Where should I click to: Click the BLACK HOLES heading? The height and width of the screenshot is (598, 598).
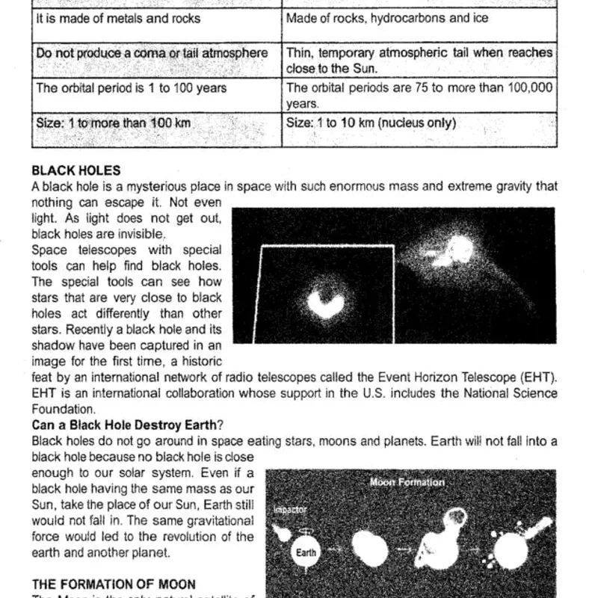75,171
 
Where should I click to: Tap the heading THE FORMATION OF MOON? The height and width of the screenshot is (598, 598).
114,584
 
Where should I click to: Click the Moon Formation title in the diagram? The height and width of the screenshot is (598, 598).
407,482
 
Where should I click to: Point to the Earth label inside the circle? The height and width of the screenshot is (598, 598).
306,553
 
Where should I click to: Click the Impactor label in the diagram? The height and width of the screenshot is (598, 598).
291,510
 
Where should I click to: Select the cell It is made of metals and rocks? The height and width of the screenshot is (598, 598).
118,17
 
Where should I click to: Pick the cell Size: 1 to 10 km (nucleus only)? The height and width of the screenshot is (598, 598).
371,123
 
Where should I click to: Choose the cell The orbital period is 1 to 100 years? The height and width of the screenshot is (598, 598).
132,88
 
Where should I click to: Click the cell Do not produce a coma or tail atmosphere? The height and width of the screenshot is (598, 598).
152,53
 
